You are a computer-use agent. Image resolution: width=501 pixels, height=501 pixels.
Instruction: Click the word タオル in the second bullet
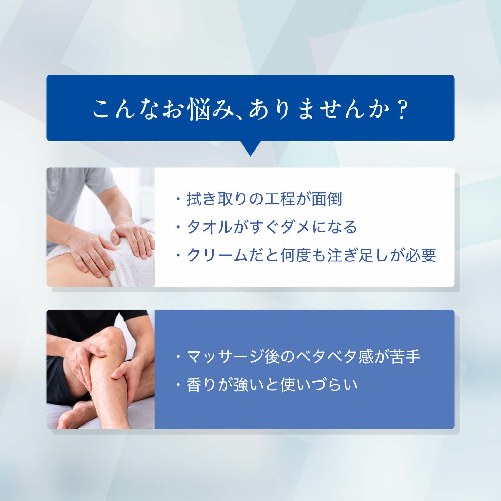(209, 227)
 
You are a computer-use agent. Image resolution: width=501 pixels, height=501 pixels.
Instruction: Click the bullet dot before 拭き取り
(178, 199)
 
